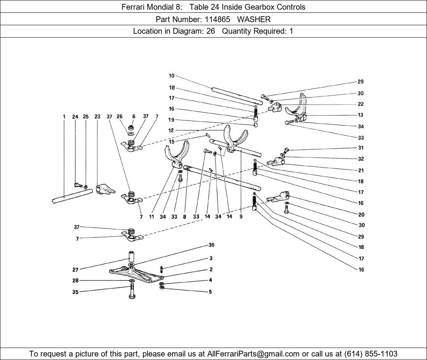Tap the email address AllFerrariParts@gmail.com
point(253,354)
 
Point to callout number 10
point(172,76)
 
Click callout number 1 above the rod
point(64,116)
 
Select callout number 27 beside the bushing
point(75,270)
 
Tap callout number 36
point(211,245)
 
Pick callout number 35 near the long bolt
point(75,292)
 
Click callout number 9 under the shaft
point(241,216)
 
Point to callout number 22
point(361,104)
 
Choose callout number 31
point(361,148)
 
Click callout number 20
point(361,215)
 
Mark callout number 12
point(171,130)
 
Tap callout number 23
point(97,116)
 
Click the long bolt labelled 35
point(131,291)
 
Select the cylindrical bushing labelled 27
point(131,256)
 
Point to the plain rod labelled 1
point(71,196)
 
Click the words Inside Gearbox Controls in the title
point(267,7)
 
